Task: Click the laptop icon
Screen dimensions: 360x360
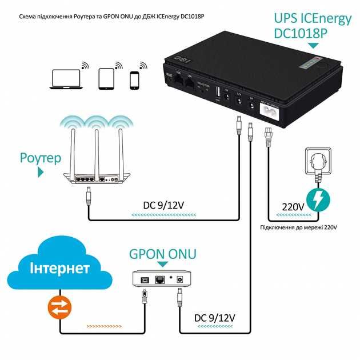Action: [x=64, y=78]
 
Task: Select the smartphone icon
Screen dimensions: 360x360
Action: [x=135, y=81]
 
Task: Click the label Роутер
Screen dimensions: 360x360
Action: [x=40, y=158]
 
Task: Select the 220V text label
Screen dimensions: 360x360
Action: [x=293, y=207]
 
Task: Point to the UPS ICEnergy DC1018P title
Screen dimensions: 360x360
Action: [x=313, y=26]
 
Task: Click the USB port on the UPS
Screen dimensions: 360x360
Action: [x=218, y=92]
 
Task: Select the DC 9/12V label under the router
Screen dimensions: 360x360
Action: [x=164, y=204]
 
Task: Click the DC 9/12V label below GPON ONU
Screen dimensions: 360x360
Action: [x=215, y=317]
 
